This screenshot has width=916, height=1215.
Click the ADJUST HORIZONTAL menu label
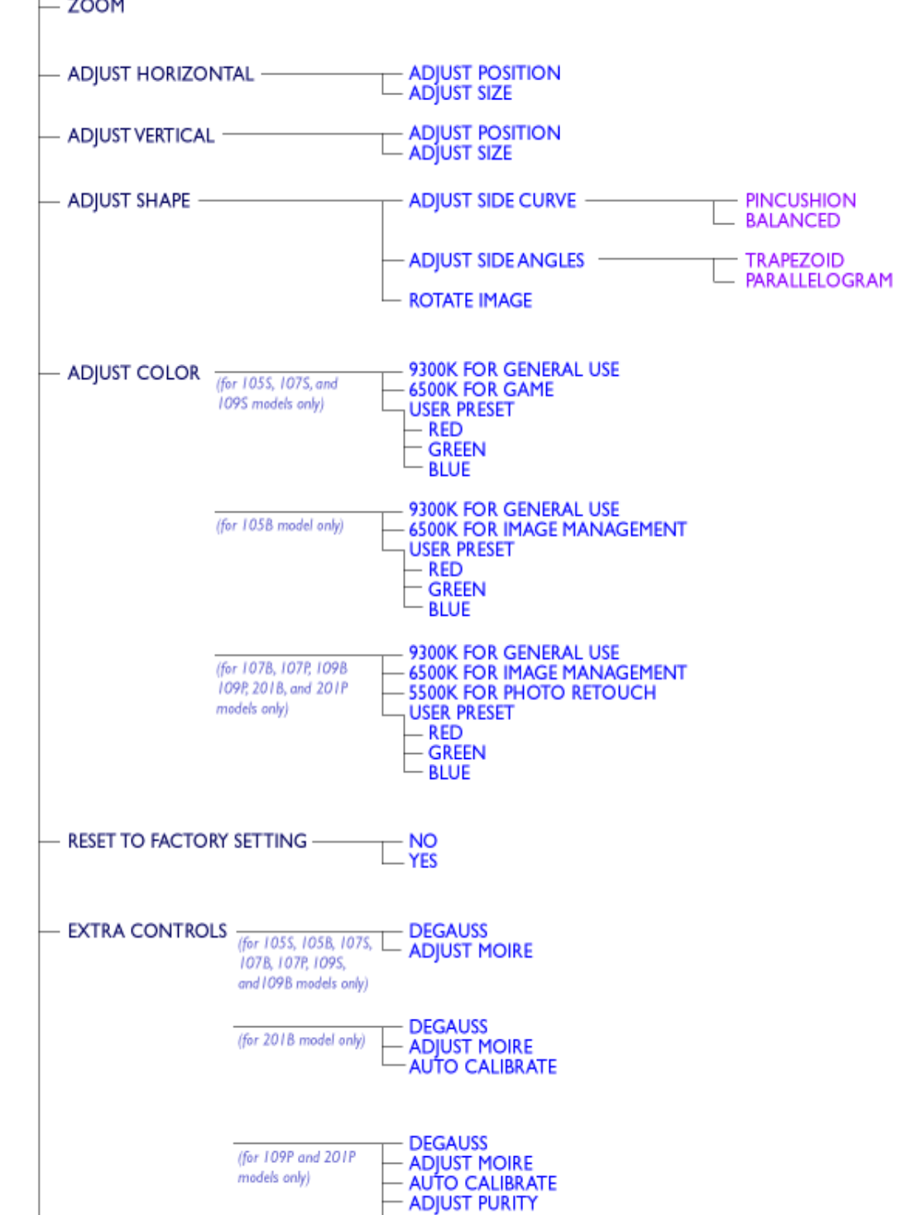(161, 74)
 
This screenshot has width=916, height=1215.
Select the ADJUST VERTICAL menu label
(141, 136)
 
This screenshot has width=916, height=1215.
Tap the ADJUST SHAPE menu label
(129, 201)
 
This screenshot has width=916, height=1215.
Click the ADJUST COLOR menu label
(133, 373)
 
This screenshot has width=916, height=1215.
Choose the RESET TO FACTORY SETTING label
(187, 842)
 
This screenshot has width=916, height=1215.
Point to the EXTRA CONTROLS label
(147, 931)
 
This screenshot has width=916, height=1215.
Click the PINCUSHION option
(800, 201)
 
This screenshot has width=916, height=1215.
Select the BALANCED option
(792, 221)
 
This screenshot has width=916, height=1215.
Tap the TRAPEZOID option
(794, 261)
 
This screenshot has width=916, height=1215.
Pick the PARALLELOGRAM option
(818, 281)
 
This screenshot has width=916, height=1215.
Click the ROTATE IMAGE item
(470, 300)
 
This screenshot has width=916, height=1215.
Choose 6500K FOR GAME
(481, 390)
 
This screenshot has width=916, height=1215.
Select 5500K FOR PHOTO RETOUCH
(532, 693)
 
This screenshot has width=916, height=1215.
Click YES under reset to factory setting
(423, 862)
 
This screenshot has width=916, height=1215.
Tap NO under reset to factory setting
(423, 842)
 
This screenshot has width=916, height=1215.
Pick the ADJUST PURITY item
(472, 1203)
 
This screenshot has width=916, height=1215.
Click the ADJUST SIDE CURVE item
(492, 201)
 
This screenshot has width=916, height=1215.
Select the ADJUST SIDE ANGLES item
(496, 261)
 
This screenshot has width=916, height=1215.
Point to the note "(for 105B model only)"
(280, 526)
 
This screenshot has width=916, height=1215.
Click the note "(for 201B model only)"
(301, 1040)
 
